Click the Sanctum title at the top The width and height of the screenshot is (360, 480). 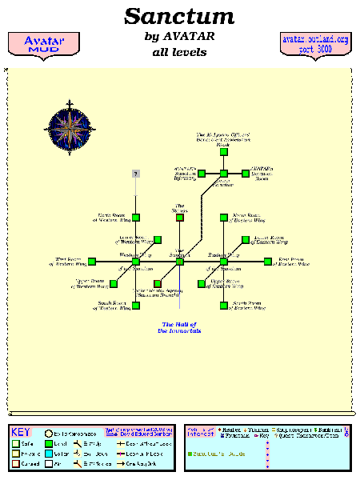coord(179,16)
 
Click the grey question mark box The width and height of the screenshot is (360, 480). coord(136,174)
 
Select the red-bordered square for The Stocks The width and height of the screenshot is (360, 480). coord(180,217)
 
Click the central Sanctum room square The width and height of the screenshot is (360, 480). coord(180,261)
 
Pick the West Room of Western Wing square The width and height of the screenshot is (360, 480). coord(92,261)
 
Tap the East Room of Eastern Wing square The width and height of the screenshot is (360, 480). coord(268,261)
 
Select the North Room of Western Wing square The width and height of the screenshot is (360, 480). coord(136,217)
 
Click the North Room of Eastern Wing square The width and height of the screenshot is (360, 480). coord(224,217)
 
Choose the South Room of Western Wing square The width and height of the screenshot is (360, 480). coord(136,305)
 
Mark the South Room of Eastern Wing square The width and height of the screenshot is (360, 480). coord(224,305)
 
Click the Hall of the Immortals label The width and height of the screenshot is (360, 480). coord(180,327)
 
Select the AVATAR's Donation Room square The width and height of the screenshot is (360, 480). coord(245,174)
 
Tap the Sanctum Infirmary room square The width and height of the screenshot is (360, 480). coord(202,174)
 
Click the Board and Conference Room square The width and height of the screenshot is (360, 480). coord(224,151)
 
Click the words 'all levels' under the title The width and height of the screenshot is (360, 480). coord(179,53)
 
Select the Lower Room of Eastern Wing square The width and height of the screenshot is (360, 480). coord(246,239)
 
